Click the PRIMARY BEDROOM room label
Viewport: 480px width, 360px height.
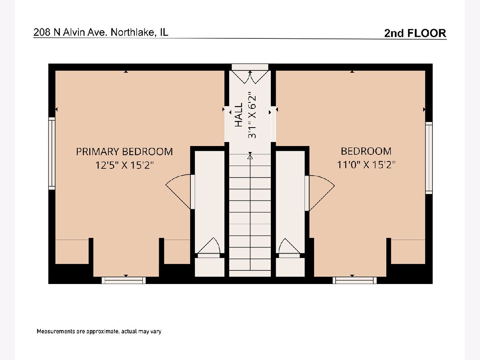pyautogui.click(x=124, y=152)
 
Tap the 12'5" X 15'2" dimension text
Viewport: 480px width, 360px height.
pyautogui.click(x=124, y=165)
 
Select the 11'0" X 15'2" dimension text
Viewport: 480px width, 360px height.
pyautogui.click(x=366, y=164)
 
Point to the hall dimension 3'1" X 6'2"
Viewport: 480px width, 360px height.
pyautogui.click(x=252, y=115)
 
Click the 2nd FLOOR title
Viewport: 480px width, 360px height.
pyautogui.click(x=415, y=33)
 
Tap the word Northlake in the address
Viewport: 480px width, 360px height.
pyautogui.click(x=132, y=32)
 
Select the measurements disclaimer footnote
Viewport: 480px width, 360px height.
pyautogui.click(x=99, y=331)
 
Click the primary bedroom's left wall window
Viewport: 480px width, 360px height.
pyautogui.click(x=52, y=154)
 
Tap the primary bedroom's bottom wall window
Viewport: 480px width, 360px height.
pyautogui.click(x=124, y=280)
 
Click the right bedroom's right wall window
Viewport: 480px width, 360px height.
pyautogui.click(x=429, y=158)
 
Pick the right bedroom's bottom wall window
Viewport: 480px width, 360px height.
pyautogui.click(x=354, y=280)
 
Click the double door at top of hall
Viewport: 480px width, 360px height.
pyautogui.click(x=250, y=77)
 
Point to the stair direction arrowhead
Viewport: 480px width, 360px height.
pyautogui.click(x=250, y=156)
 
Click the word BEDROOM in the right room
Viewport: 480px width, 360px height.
pyautogui.click(x=366, y=151)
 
